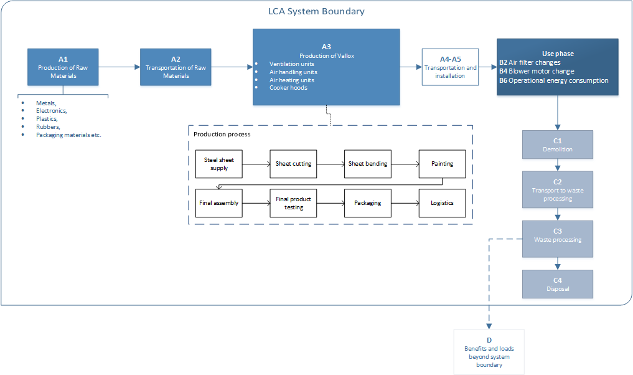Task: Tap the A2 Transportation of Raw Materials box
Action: (x=176, y=67)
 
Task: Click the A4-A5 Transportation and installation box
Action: (x=450, y=67)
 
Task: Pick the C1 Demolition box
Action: (x=557, y=145)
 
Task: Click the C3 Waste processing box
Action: (x=557, y=239)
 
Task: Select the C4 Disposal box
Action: (x=557, y=283)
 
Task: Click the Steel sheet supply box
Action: (x=218, y=164)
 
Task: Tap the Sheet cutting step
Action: (x=293, y=164)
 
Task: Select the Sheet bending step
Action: (x=367, y=164)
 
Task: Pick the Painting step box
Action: (x=442, y=164)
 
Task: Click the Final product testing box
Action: (x=293, y=203)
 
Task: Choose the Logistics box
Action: (x=442, y=203)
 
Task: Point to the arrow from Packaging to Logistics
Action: (x=405, y=203)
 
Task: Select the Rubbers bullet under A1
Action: (x=48, y=126)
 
